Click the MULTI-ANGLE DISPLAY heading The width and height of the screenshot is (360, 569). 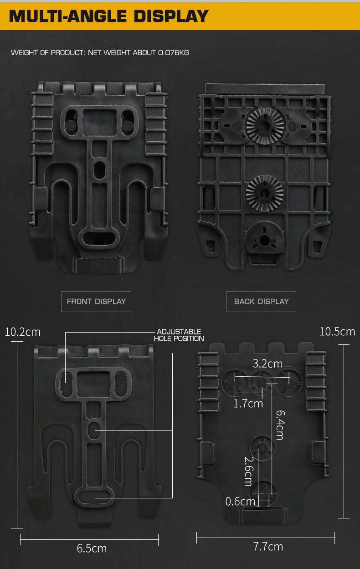tap(109, 16)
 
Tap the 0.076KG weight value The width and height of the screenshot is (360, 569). tap(174, 52)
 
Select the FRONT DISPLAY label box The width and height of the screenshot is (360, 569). tap(96, 301)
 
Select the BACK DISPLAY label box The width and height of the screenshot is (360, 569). tap(261, 301)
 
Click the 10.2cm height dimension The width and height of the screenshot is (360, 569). tap(23, 332)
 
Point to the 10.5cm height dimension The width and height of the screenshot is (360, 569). tap(337, 332)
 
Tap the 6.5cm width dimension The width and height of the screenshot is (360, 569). tap(92, 548)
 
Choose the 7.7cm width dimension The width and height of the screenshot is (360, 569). tap(268, 547)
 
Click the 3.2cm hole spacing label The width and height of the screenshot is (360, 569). tap(267, 364)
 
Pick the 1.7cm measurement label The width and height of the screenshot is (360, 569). tap(248, 404)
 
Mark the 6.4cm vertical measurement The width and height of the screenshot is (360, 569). tap(280, 425)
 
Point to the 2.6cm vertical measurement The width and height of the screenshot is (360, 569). tap(249, 472)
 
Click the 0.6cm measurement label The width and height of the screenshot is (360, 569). tap(240, 502)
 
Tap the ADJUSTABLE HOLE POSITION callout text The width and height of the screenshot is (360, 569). tap(179, 335)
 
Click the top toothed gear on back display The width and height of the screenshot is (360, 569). tap(265, 126)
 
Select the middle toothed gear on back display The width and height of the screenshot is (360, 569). tap(264, 193)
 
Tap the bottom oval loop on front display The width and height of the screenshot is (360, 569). tap(99, 239)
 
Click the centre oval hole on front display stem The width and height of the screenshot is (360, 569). tap(99, 170)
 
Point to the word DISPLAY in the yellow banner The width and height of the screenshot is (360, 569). tap(171, 16)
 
